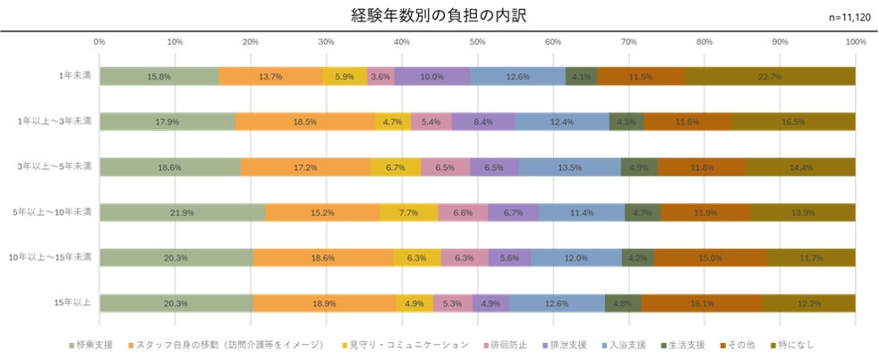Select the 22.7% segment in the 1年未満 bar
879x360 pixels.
point(770,77)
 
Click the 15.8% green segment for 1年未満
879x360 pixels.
point(159,77)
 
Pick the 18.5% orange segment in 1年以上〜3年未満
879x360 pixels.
point(305,122)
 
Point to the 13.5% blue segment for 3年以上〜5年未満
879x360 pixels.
point(569,167)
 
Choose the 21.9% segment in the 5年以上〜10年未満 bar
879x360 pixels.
point(182,212)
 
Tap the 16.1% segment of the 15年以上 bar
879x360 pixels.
point(702,304)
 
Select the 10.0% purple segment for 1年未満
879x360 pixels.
point(431,77)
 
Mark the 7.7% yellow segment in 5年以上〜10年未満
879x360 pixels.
point(409,212)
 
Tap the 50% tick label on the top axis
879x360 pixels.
point(478,42)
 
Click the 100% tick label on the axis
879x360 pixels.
point(855,42)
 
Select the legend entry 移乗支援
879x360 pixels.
point(93,344)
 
